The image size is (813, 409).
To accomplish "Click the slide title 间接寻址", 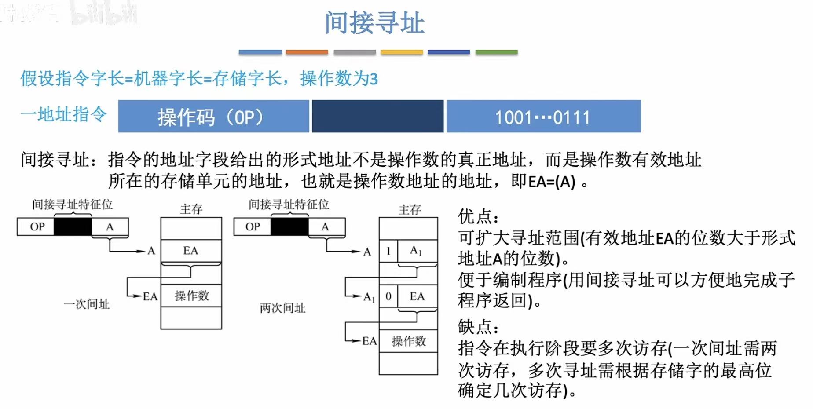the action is [x=374, y=23].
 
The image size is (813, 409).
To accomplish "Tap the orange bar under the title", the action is [x=307, y=52].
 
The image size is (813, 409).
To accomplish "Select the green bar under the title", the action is [x=496, y=52].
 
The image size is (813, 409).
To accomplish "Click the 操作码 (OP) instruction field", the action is [x=213, y=117].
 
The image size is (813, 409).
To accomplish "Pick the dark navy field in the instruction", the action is [x=377, y=117].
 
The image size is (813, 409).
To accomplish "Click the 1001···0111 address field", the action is [x=543, y=117].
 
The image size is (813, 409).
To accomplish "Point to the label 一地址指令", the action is [x=64, y=114].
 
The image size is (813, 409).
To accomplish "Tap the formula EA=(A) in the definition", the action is [x=552, y=182].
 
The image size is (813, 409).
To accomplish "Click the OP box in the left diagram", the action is [x=37, y=227].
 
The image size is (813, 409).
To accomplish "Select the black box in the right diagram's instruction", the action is [x=289, y=227].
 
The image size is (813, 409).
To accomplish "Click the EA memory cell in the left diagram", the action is [x=191, y=251].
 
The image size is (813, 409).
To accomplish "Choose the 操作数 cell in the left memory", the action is [x=191, y=296].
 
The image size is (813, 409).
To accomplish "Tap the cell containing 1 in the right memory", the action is [x=388, y=251].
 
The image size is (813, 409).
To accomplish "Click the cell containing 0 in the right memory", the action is [x=388, y=296].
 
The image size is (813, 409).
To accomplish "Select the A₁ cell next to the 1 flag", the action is [x=417, y=251].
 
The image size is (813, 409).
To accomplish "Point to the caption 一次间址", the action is [x=87, y=304].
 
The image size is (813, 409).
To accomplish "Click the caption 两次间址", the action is [x=282, y=308].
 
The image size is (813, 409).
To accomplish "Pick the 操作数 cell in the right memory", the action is [x=409, y=341].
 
